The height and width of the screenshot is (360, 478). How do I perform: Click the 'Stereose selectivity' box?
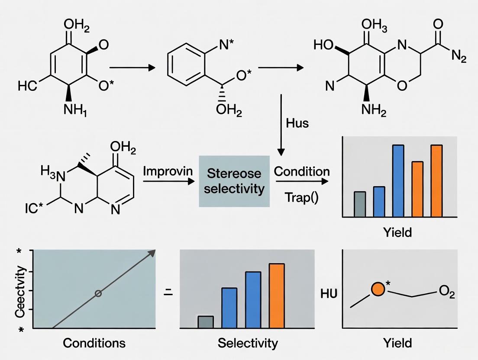234,181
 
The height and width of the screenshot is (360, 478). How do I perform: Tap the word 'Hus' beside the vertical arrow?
297,123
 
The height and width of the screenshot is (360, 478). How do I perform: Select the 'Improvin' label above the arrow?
168,170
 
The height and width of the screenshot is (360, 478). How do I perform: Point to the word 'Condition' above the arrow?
302,171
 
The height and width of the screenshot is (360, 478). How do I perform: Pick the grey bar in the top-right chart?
360,204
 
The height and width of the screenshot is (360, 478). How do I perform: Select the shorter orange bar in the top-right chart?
417,189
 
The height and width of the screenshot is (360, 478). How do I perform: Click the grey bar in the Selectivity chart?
206,322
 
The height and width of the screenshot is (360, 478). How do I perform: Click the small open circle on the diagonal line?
98,293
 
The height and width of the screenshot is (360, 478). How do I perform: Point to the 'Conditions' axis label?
94,343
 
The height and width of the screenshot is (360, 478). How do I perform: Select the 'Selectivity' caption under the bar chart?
248,343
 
